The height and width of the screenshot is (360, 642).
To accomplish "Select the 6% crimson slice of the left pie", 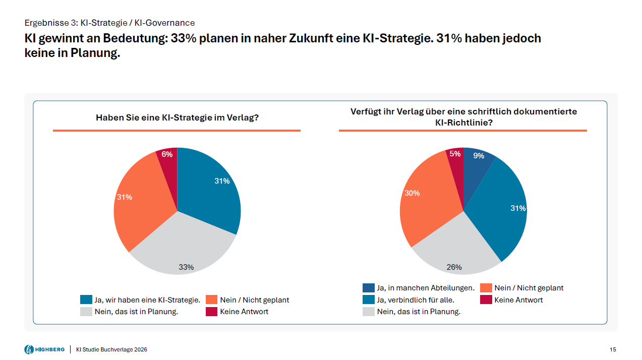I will (x=167, y=160).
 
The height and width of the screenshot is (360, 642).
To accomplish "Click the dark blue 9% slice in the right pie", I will (x=477, y=164).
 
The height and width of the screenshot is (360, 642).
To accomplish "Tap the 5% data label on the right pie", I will (x=455, y=154).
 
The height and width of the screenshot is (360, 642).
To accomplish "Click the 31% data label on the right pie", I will (x=518, y=208).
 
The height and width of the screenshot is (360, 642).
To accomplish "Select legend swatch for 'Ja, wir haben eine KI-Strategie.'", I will (x=86, y=300).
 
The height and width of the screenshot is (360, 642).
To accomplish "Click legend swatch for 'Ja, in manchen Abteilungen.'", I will (x=368, y=288).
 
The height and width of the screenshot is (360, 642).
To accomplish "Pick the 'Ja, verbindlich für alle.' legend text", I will (x=416, y=300).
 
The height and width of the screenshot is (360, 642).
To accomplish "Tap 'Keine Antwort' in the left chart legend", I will (x=244, y=312).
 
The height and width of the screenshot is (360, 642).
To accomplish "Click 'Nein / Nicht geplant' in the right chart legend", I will (x=529, y=288).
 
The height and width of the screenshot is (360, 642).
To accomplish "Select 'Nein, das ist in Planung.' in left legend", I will (x=136, y=312).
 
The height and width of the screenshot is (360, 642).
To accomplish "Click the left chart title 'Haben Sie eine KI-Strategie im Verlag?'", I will (x=177, y=118).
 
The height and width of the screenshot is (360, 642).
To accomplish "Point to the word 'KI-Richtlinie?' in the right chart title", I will (x=463, y=123).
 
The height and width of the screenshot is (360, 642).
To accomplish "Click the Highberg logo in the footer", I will (x=44, y=349).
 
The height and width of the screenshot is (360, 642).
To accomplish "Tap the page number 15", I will (x=613, y=349).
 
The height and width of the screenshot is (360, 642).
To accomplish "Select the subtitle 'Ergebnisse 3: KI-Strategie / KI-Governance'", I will (x=109, y=23).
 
